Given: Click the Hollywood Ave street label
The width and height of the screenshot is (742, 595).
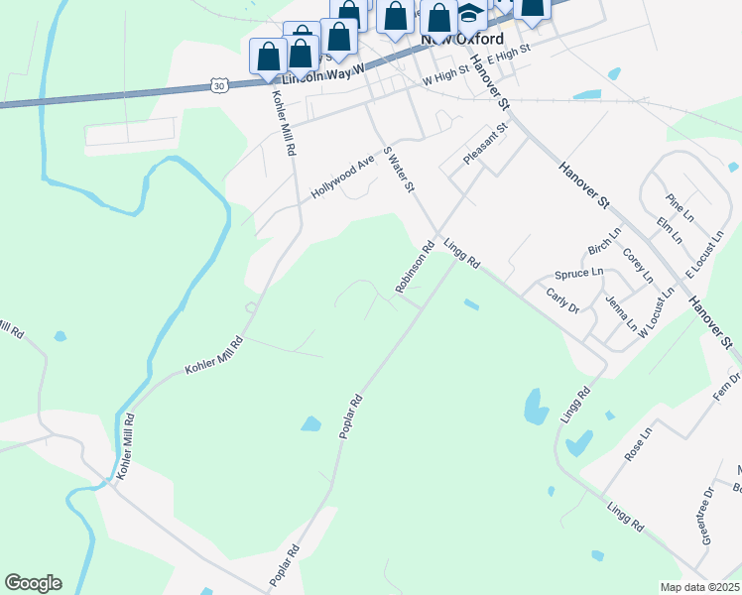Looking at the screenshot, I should coord(342,177).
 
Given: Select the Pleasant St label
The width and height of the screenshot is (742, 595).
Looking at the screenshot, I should coord(485,143).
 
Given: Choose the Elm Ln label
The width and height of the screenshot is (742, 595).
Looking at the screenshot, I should coord(669,232).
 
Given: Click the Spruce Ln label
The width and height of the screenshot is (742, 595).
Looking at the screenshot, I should coord(579,273).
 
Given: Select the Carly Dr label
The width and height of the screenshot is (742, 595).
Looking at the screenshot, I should coord(562,299).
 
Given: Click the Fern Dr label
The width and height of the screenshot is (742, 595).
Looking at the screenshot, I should coord(732,385).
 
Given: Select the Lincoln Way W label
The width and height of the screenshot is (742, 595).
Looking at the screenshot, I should coord(324,74).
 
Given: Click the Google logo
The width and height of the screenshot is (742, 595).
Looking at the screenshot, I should coord(33,583).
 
